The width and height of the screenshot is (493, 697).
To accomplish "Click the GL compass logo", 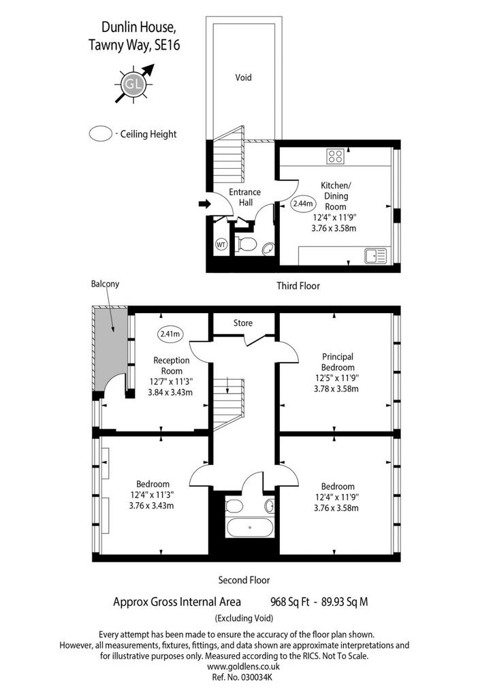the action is [134, 84].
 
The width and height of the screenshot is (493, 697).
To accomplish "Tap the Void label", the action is [243, 78].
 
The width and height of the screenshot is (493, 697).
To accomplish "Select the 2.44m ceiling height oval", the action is [303, 204].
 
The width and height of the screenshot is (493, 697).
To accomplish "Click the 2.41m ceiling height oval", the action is [170, 334].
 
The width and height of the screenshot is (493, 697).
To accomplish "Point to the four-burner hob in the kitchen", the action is [335, 157].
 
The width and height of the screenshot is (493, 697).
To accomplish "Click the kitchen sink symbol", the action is [376, 256].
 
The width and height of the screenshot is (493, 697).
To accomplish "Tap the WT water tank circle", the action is [221, 244].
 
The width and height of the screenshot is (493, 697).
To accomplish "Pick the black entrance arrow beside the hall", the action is [204, 204].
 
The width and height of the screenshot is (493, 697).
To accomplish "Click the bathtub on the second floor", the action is [250, 528].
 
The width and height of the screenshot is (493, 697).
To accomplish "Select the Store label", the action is [242, 323].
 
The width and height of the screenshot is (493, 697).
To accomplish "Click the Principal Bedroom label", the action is [338, 362].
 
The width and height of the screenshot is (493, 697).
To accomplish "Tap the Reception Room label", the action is [171, 366].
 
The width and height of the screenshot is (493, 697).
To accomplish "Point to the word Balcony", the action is [105, 284].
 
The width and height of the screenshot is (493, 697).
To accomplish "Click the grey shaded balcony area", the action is [109, 347].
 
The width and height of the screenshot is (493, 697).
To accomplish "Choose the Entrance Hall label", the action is [244, 197].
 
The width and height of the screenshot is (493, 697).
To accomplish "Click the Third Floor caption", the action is [298, 286].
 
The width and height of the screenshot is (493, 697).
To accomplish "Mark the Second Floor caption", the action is [244, 580].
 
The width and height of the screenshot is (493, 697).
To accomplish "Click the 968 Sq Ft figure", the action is [290, 602].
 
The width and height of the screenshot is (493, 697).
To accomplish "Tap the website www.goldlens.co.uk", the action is [244, 666].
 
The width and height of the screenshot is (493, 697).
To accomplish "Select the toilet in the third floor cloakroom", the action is [246, 244].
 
